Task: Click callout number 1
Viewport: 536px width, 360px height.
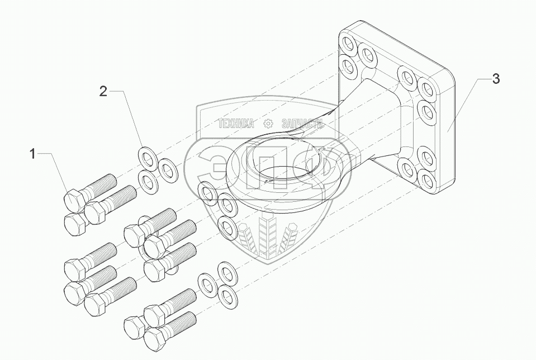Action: (33, 154)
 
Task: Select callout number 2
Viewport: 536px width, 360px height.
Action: (103, 91)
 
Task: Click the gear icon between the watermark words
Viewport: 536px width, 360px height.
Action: (268, 124)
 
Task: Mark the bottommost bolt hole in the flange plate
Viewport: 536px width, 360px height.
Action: (427, 180)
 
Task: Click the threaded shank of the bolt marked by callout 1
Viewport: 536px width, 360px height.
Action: (103, 184)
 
